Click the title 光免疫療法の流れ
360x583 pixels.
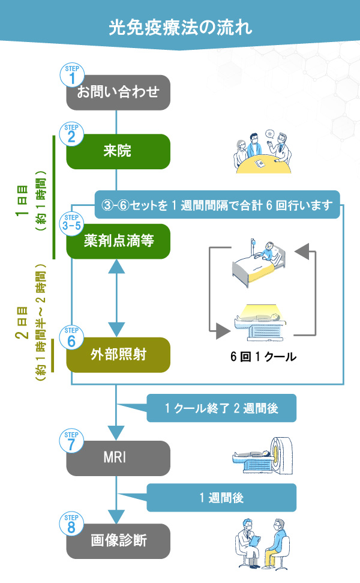point(180,27)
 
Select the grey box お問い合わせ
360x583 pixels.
point(118,92)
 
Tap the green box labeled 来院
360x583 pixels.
point(118,151)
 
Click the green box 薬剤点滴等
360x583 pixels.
point(118,241)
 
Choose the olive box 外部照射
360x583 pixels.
point(118,355)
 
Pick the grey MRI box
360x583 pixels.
point(118,459)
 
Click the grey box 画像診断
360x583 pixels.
point(118,541)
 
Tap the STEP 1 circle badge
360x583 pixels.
point(73,75)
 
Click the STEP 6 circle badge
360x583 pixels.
point(73,338)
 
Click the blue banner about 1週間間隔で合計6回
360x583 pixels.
point(217,205)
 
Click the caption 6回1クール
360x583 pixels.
point(262,356)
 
